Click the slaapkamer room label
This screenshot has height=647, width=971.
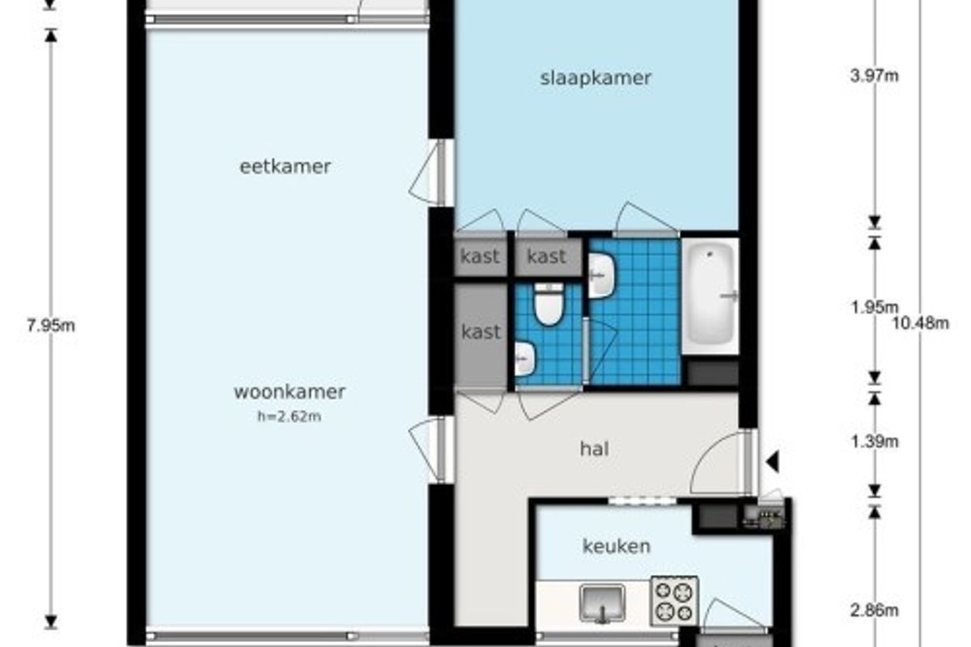596,78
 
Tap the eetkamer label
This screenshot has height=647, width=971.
285,167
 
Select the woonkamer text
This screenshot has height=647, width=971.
290,391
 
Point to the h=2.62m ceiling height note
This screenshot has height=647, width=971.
290,417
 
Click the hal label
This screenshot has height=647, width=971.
595,449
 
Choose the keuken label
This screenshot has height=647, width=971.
617,546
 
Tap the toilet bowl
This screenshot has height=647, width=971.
549,304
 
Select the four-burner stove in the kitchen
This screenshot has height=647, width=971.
675,601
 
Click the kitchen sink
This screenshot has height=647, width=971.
603,603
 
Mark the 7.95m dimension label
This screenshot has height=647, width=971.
51,325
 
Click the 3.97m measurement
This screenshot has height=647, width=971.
875,76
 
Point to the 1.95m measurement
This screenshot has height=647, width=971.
875,307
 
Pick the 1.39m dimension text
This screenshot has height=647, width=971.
875,442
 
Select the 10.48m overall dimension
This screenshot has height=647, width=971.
920,323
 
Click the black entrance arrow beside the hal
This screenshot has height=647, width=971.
773,462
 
